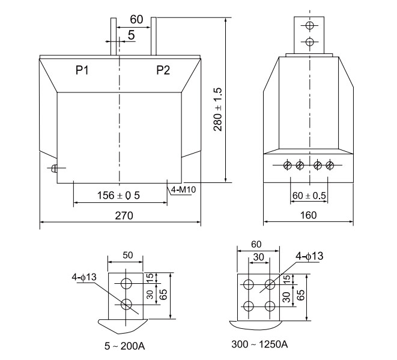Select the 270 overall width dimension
[x=120, y=215]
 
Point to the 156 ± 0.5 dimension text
[x=119, y=195]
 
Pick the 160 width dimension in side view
[x=308, y=215]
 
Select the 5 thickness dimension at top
[x=131, y=35]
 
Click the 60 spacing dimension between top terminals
[x=136, y=20]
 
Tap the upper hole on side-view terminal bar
[x=310, y=26]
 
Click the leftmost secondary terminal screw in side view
[x=287, y=165]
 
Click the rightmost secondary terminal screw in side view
[x=329, y=165]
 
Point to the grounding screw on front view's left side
[x=54, y=169]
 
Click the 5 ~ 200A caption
[x=125, y=346]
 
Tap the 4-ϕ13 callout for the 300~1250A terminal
[x=309, y=256]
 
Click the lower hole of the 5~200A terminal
[x=126, y=304]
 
